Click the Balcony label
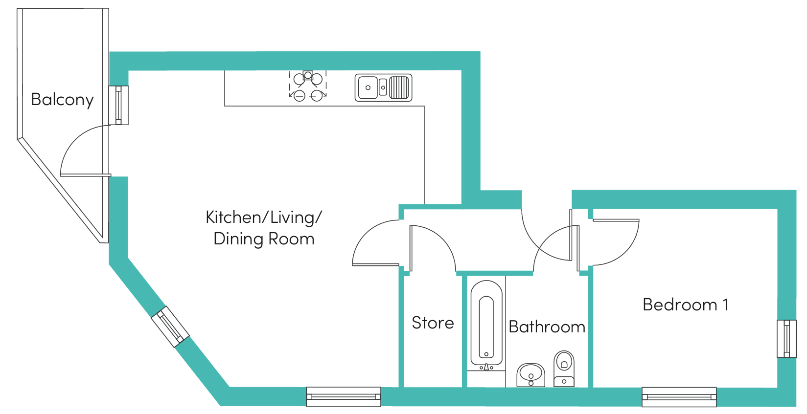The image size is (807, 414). [x=62, y=100]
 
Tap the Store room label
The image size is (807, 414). [x=433, y=323]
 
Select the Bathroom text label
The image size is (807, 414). [x=547, y=327]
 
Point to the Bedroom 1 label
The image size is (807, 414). [x=686, y=305]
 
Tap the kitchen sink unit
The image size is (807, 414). [x=383, y=87]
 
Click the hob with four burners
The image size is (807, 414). [x=308, y=86]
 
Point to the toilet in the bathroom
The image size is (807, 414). [x=564, y=369]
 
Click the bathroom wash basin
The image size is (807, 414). [x=530, y=375]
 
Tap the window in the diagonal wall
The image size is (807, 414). [x=170, y=327]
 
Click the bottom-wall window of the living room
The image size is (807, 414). [x=344, y=397]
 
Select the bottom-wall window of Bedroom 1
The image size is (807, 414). [x=679, y=397]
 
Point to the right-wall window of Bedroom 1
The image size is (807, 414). [x=786, y=339]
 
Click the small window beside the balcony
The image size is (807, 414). [x=118, y=105]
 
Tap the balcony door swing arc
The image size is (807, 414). [x=71, y=141]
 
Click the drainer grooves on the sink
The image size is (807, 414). [x=399, y=87]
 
